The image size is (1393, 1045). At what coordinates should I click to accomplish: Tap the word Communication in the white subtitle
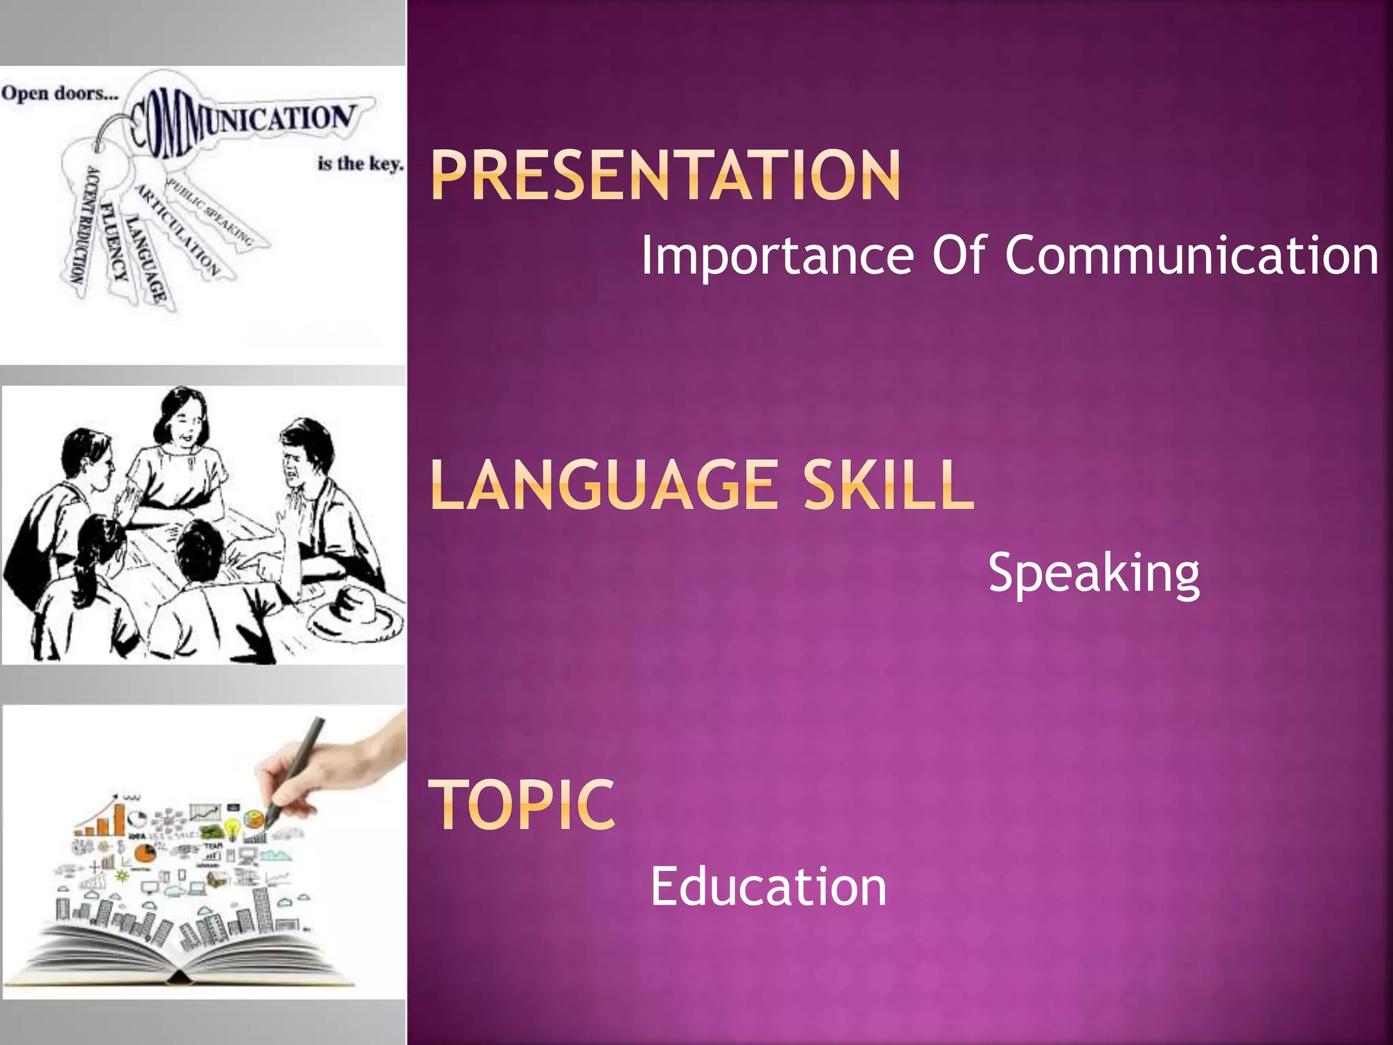[1192, 255]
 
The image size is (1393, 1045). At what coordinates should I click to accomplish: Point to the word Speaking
[1094, 574]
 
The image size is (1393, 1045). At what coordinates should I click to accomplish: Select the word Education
[769, 886]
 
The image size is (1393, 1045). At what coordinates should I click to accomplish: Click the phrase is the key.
[360, 164]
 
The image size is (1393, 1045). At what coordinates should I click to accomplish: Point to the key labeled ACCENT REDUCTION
[82, 225]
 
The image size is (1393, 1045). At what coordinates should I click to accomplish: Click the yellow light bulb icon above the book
[232, 828]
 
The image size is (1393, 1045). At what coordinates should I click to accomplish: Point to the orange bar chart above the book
[102, 820]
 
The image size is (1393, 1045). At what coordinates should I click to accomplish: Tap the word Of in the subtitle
[958, 255]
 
